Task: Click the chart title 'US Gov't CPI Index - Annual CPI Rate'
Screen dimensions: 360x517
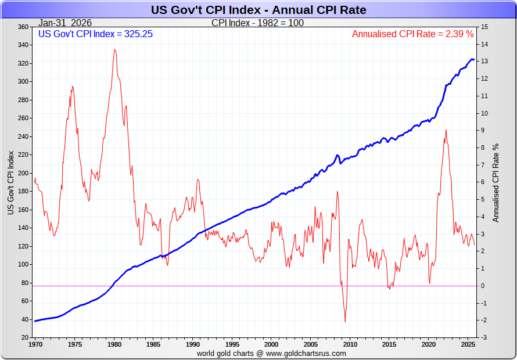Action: (x=258, y=10)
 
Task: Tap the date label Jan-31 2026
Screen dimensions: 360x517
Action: (x=65, y=23)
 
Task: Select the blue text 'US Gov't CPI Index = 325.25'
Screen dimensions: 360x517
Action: (x=95, y=34)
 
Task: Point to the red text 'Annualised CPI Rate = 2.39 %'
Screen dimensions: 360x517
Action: (x=412, y=34)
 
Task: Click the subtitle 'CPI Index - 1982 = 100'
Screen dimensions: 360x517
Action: (x=257, y=23)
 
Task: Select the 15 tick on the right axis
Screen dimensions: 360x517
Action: (x=484, y=27)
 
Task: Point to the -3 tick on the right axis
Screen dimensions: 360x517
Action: (x=484, y=337)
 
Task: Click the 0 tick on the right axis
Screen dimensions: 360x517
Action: (x=483, y=286)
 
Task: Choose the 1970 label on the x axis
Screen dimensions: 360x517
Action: (x=35, y=344)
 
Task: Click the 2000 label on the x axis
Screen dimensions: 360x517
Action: (x=271, y=344)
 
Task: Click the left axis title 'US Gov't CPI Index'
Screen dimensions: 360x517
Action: (x=11, y=182)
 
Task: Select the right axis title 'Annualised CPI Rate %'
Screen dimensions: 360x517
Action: (x=496, y=182)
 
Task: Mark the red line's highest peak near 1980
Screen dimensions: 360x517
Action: (x=114, y=49)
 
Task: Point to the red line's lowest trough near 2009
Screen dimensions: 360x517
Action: (x=345, y=322)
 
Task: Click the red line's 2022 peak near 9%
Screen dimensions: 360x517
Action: (x=446, y=130)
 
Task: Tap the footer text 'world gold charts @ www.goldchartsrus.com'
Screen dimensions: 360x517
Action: (x=271, y=353)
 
